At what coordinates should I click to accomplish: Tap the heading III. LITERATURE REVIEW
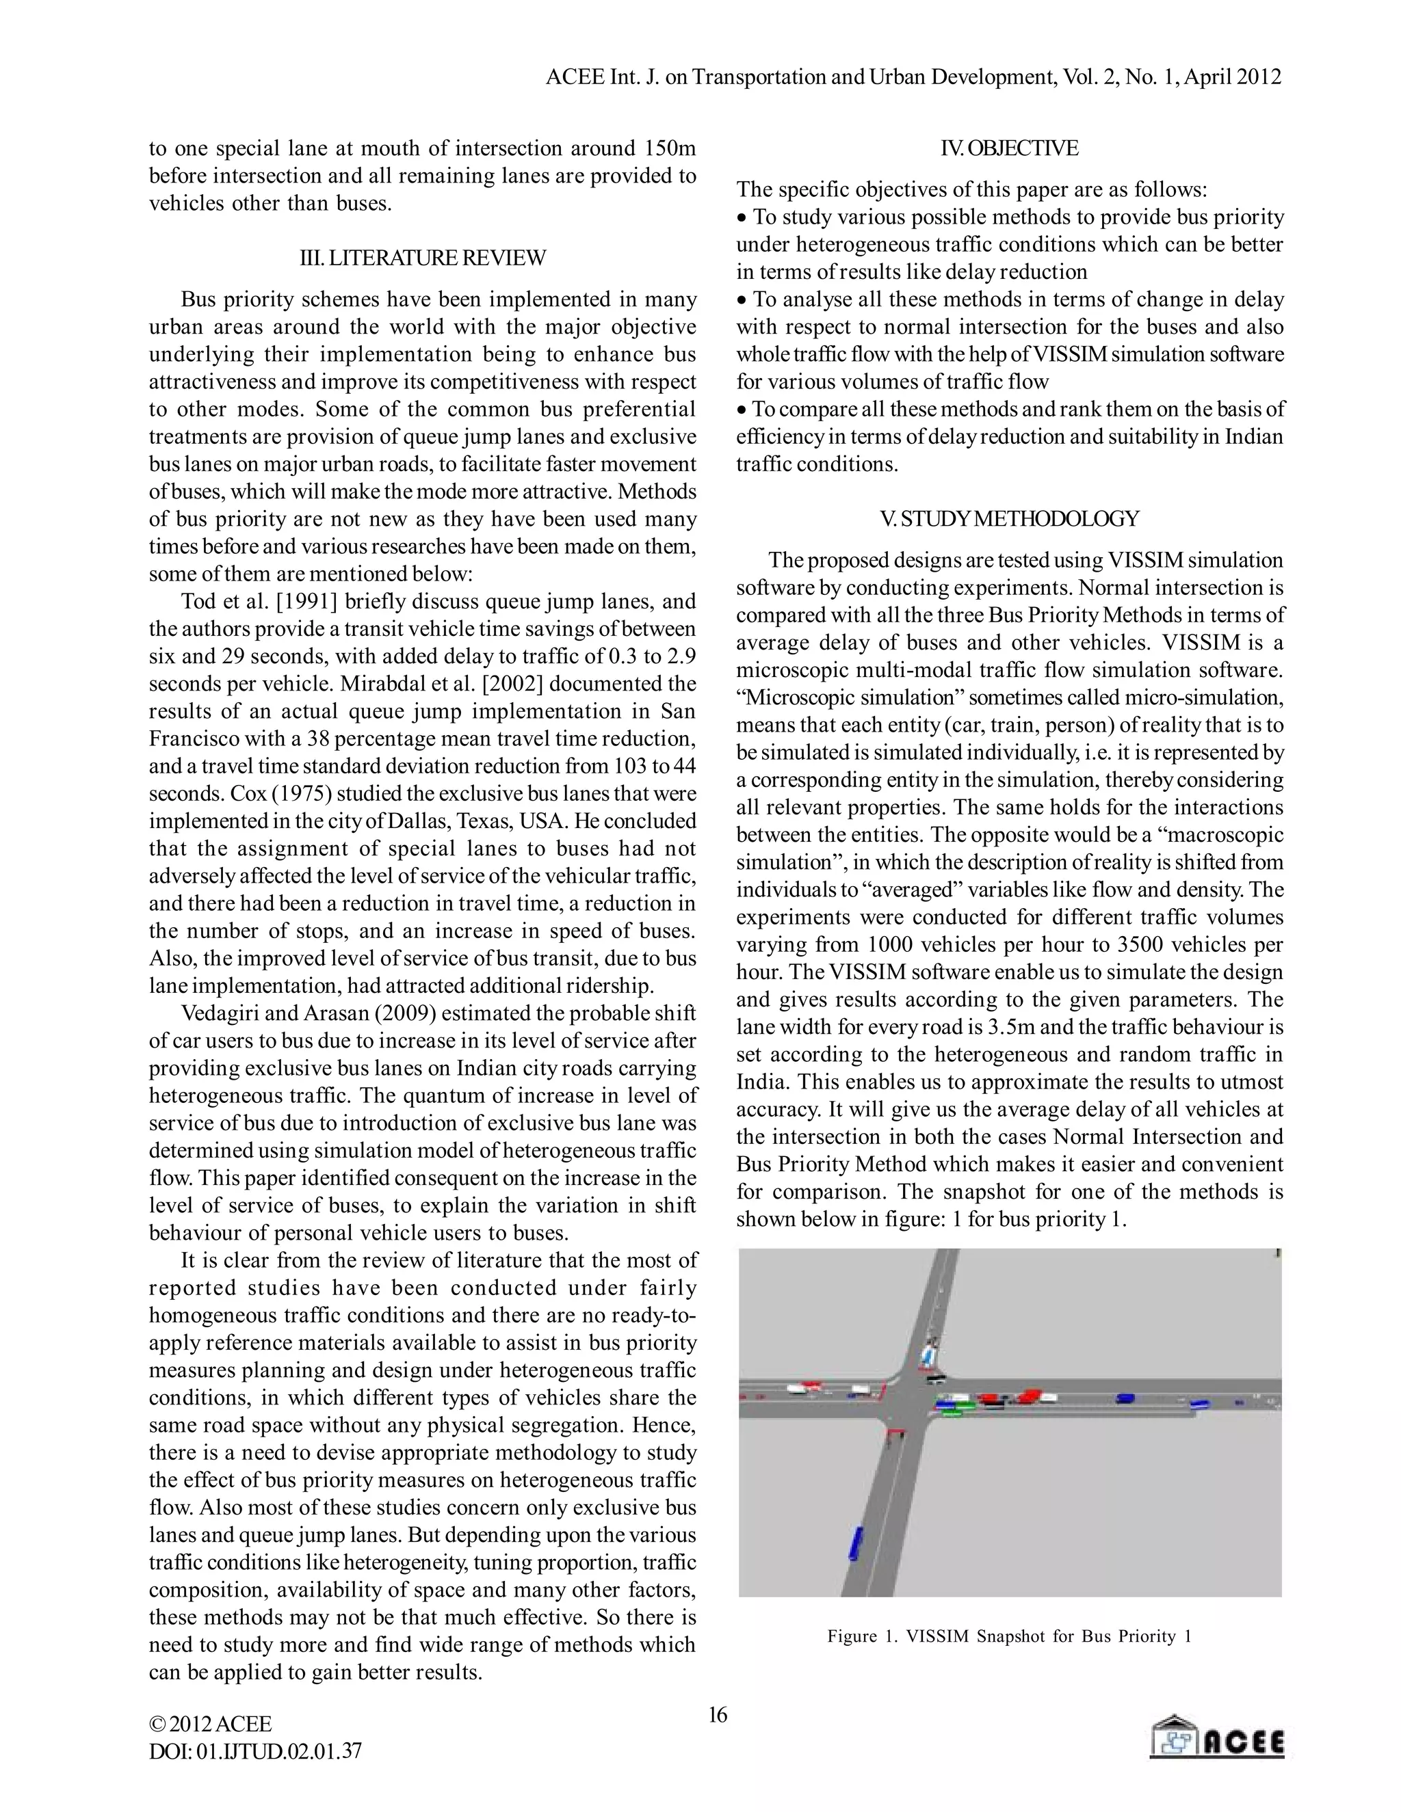(423, 258)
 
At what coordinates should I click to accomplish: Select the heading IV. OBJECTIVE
(1009, 148)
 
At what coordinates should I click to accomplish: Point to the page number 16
(717, 1715)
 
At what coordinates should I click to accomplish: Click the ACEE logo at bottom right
(1217, 1737)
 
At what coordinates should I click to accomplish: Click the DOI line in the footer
(254, 1751)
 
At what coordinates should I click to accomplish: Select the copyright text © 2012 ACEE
(210, 1724)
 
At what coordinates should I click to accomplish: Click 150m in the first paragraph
(669, 148)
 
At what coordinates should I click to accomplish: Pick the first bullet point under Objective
(1009, 244)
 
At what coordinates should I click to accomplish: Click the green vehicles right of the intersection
(954, 1407)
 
